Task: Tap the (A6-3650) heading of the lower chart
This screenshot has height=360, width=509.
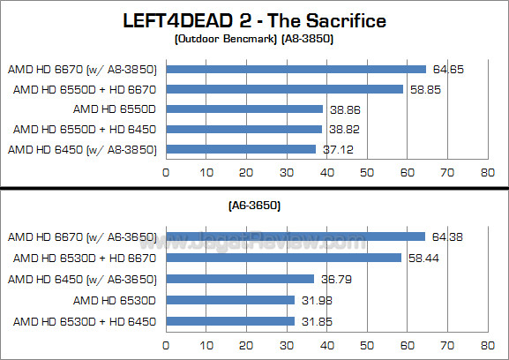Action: [x=255, y=206]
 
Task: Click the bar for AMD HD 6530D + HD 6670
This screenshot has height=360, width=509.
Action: [x=283, y=258]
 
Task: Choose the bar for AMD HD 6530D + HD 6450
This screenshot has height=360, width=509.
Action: [x=229, y=319]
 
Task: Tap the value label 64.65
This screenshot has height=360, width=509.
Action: [x=445, y=69]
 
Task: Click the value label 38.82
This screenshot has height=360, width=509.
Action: [x=342, y=130]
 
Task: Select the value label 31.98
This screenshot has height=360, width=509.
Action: [x=314, y=299]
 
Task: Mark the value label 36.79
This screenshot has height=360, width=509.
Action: [x=333, y=279]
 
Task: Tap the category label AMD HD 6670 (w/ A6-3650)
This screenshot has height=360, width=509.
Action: [x=82, y=237]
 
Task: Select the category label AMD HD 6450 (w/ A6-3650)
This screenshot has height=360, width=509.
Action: [x=82, y=279]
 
